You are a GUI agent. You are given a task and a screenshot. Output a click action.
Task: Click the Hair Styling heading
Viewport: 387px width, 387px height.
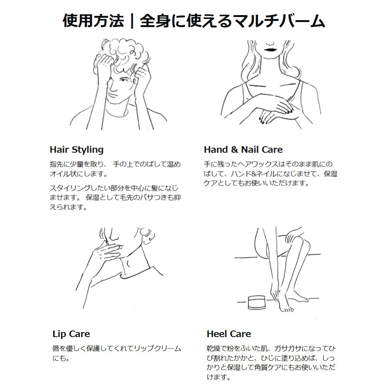[x=77, y=150]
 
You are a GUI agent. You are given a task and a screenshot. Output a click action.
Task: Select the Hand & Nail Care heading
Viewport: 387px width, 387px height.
[x=243, y=149]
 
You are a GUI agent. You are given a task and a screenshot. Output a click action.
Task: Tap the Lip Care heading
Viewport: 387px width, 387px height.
[x=71, y=334]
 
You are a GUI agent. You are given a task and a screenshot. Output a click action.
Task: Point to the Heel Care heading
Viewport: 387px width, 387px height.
[x=229, y=334]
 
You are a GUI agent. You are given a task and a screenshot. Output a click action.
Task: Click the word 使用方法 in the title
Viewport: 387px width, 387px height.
[x=93, y=21]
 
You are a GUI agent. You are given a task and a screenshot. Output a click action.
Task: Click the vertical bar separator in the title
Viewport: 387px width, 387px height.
[x=132, y=21]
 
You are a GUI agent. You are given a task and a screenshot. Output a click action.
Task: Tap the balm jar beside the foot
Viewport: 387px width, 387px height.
[x=257, y=302]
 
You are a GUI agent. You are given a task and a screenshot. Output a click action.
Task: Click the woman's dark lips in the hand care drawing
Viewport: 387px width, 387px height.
[x=270, y=50]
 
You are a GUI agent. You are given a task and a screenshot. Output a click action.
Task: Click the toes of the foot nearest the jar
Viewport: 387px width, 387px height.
[x=287, y=309]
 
